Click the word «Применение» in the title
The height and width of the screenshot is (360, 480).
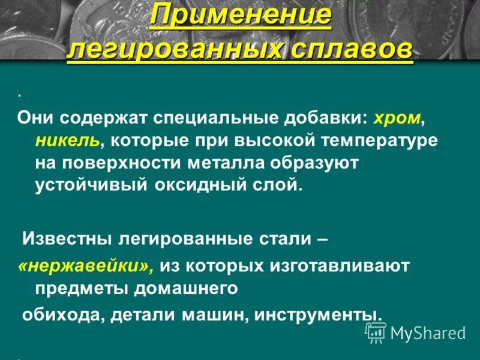[x=240, y=17]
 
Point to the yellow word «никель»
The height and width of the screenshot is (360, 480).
[x=67, y=141]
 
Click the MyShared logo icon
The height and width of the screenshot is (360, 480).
[x=376, y=332]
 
